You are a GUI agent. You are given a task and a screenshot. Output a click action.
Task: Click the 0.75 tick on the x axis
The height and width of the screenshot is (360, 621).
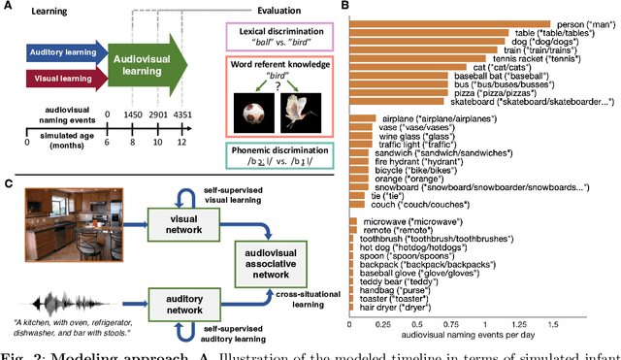pyautogui.click(x=451, y=323)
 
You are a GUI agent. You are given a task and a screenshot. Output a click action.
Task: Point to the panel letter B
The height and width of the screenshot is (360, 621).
pyautogui.click(x=347, y=9)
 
